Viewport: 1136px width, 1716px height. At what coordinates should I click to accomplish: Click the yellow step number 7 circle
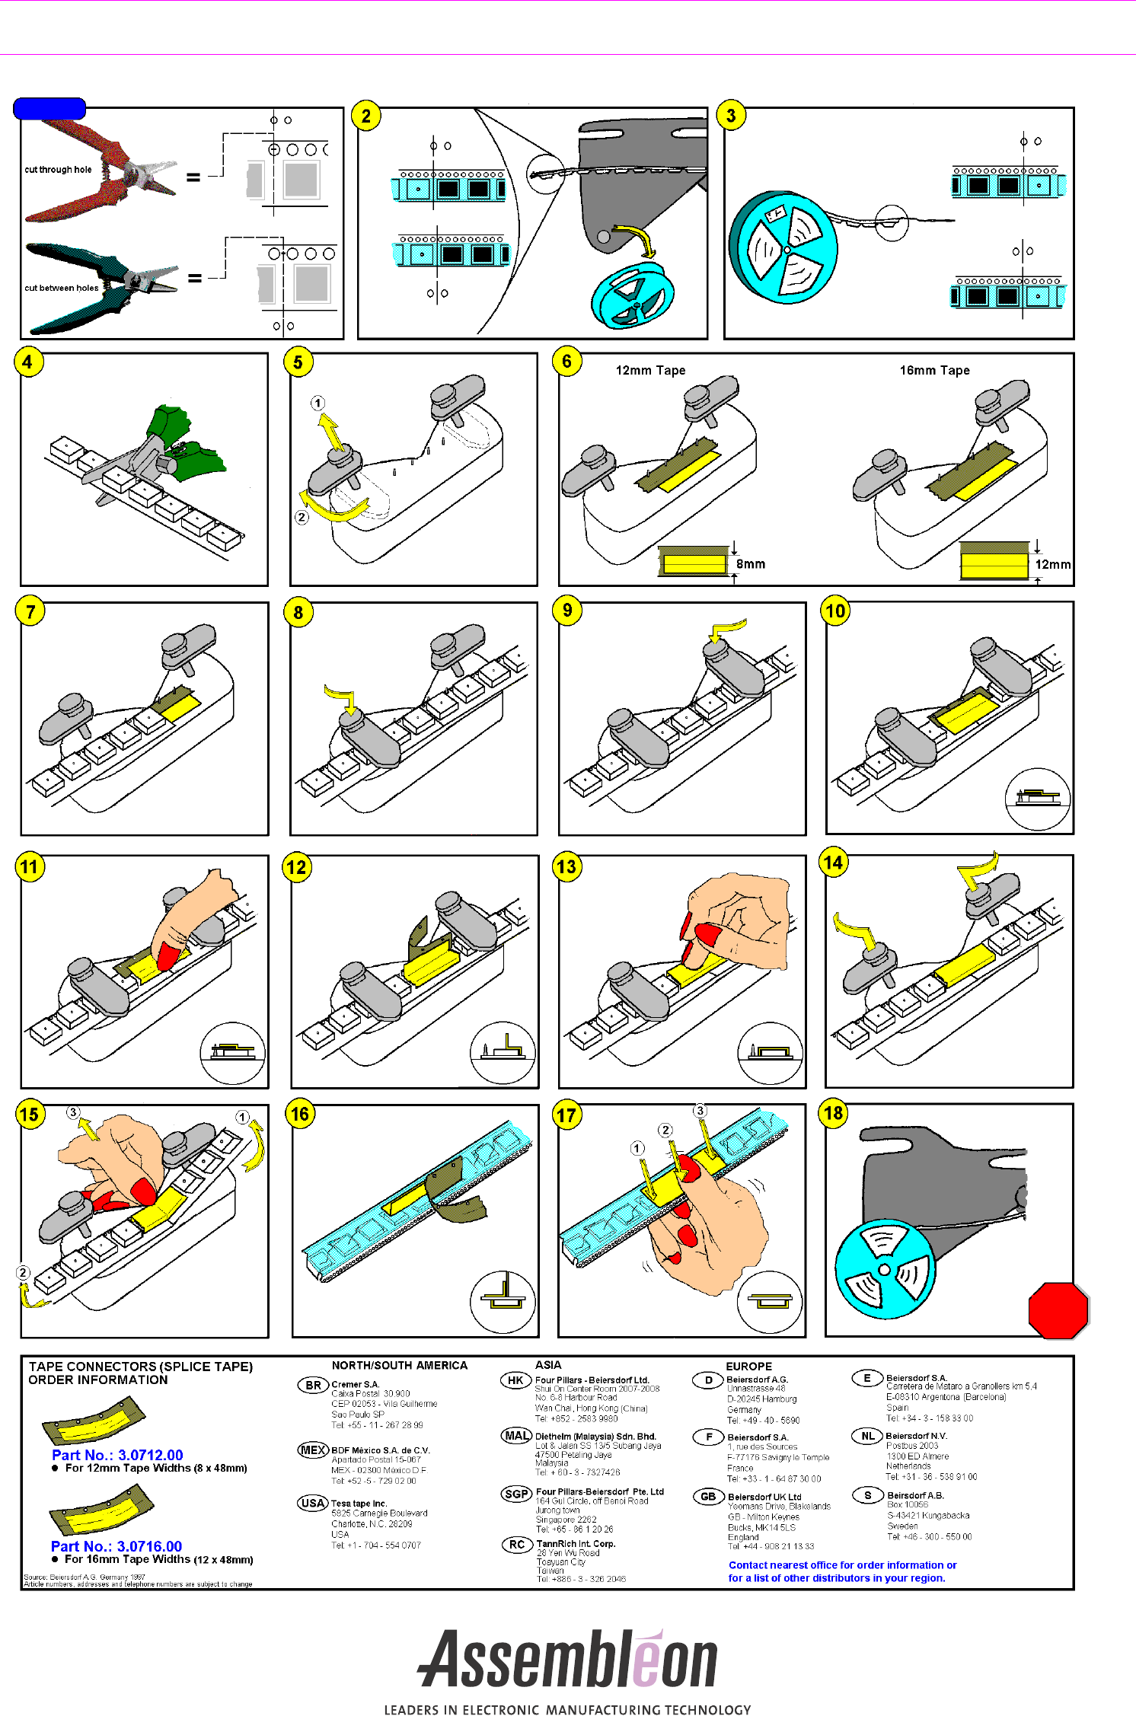point(30,611)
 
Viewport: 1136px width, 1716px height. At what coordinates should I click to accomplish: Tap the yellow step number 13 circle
point(566,866)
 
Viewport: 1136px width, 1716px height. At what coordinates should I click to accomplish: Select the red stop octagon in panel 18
point(1058,1309)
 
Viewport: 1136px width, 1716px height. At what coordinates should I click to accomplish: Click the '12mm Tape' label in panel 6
point(650,371)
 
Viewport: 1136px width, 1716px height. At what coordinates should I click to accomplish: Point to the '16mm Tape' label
point(934,371)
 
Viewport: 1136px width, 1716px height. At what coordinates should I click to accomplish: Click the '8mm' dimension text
point(750,564)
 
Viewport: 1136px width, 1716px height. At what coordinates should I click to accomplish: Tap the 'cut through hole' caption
point(58,170)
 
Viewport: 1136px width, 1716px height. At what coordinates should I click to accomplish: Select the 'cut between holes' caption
point(61,288)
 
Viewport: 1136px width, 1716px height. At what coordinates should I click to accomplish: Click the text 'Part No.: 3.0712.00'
point(117,1455)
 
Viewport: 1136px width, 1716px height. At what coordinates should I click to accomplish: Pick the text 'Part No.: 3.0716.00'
point(116,1546)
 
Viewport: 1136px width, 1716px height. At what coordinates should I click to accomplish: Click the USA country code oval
point(312,1503)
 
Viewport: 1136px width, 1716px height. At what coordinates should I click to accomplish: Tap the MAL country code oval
point(516,1436)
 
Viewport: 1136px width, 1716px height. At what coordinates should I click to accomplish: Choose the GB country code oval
point(708,1496)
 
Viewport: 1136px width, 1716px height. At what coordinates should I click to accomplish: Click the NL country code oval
point(867,1436)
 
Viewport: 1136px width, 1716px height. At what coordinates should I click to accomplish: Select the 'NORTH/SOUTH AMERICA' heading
point(399,1366)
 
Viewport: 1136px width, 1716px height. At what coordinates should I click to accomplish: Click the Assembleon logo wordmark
point(567,1659)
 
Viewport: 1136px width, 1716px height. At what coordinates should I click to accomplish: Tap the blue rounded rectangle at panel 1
point(49,109)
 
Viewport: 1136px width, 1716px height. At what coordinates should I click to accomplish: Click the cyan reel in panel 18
point(884,1269)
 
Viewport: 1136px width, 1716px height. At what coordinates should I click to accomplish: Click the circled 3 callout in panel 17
point(700,1111)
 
